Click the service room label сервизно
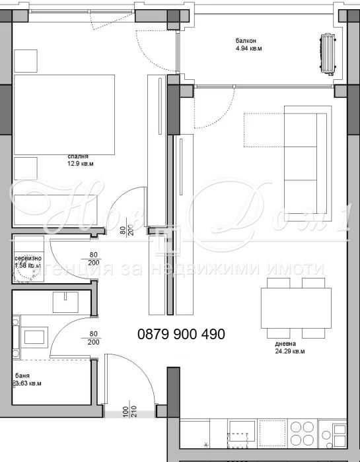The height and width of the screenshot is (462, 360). pyautogui.click(x=28, y=258)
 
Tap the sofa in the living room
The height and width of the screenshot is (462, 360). pyautogui.click(x=305, y=156)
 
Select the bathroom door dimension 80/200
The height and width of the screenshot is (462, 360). pyautogui.click(x=93, y=338)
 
